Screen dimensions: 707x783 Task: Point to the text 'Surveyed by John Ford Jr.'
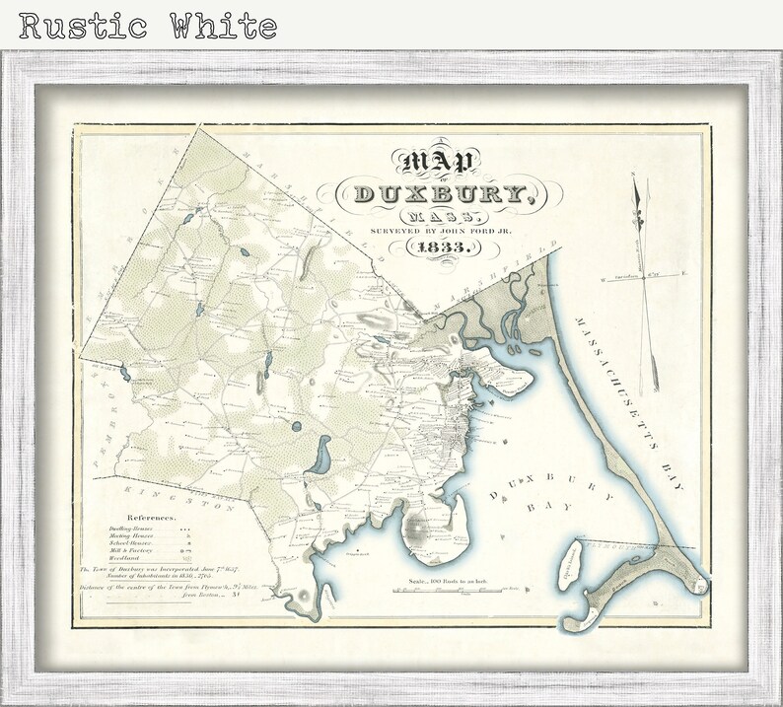pyautogui.click(x=431, y=230)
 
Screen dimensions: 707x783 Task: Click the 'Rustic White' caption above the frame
pyautogui.click(x=148, y=25)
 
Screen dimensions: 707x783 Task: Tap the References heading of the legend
pyautogui.click(x=150, y=517)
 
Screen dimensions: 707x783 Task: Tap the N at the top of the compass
pyautogui.click(x=634, y=177)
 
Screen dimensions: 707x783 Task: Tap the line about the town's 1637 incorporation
pyautogui.click(x=157, y=570)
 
